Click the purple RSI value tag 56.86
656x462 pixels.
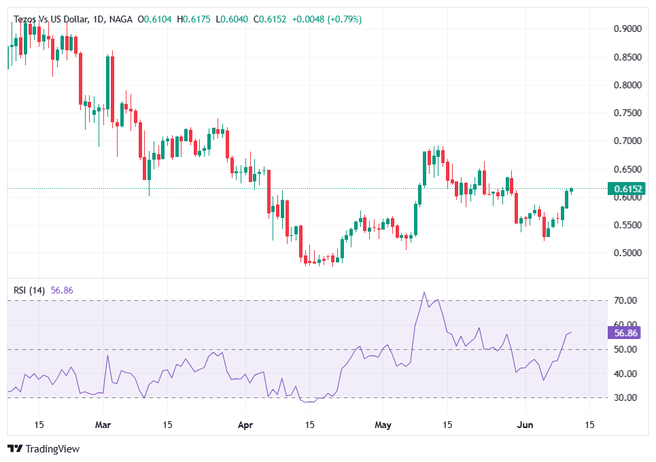point(625,333)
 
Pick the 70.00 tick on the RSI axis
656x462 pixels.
point(625,300)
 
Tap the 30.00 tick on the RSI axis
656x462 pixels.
point(625,398)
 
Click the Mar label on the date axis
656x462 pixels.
point(103,425)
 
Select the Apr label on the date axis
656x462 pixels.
point(246,425)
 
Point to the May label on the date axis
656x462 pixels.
point(384,425)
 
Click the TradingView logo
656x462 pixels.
point(44,449)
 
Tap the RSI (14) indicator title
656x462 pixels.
point(29,291)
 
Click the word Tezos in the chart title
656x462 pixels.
point(26,20)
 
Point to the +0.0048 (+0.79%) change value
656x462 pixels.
point(326,20)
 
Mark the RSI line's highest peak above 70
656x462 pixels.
point(424,293)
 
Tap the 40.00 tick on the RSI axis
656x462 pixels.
point(625,374)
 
